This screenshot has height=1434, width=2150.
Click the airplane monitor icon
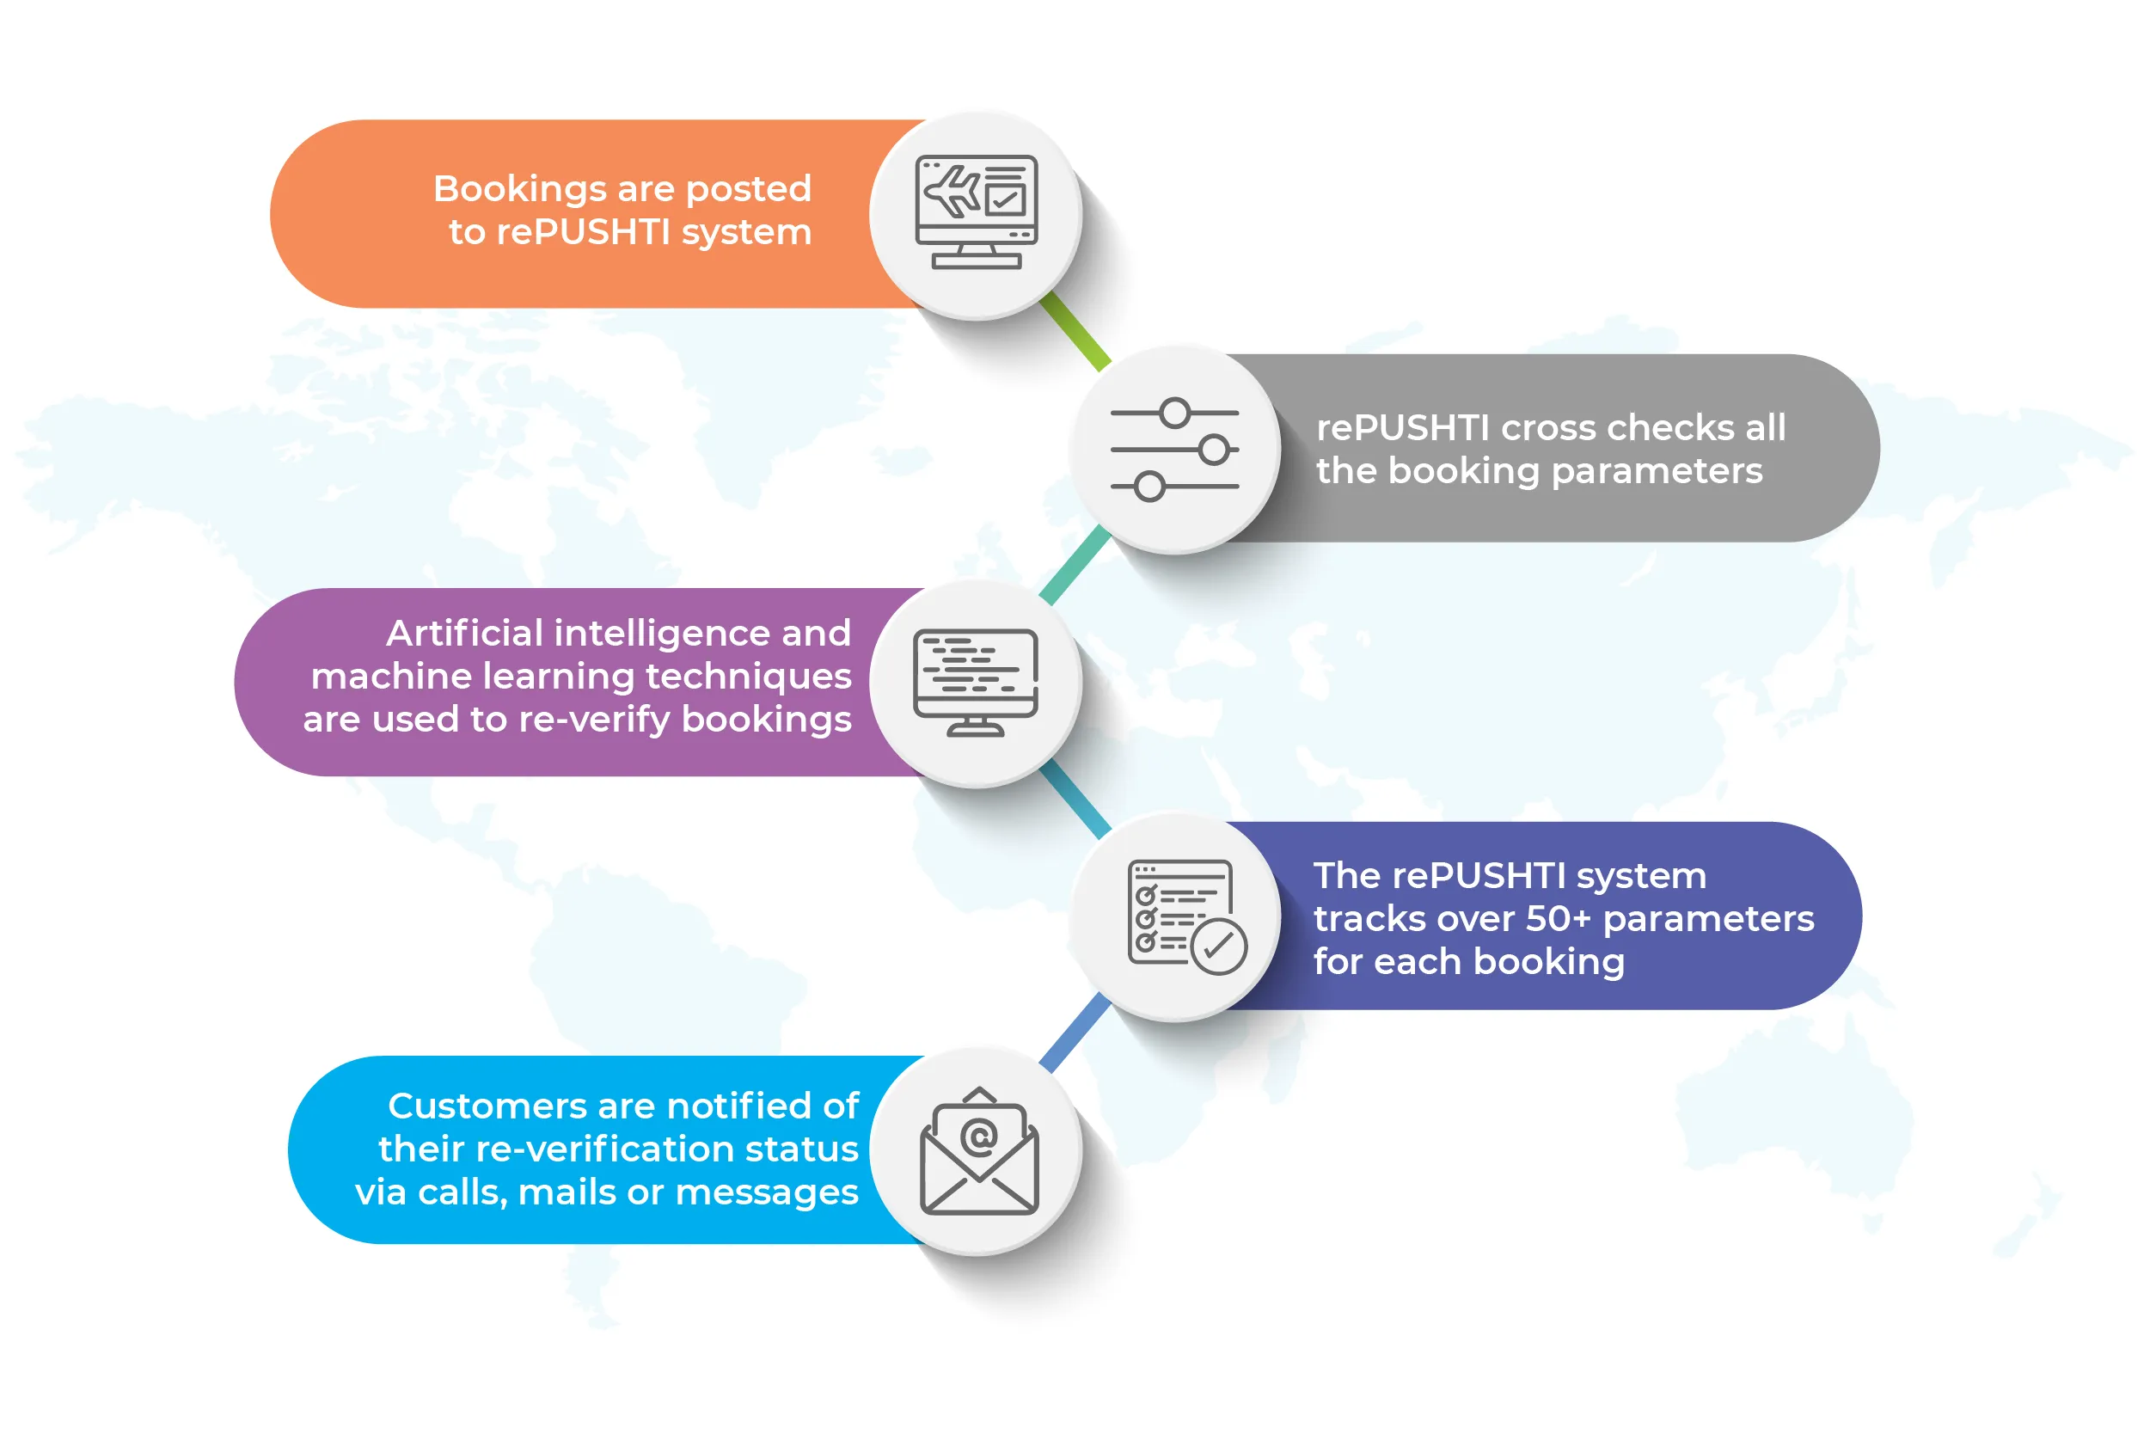click(x=977, y=211)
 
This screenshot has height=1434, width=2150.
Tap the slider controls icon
click(x=1175, y=449)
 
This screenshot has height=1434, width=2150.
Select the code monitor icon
click(x=976, y=682)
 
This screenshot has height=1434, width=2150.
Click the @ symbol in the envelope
click(x=978, y=1137)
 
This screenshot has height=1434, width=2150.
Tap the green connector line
click(x=1075, y=331)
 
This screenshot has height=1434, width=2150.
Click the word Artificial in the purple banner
click(x=464, y=633)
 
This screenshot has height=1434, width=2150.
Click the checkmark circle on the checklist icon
click(x=1219, y=947)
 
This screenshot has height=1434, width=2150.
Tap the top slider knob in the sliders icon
click(x=1175, y=414)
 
